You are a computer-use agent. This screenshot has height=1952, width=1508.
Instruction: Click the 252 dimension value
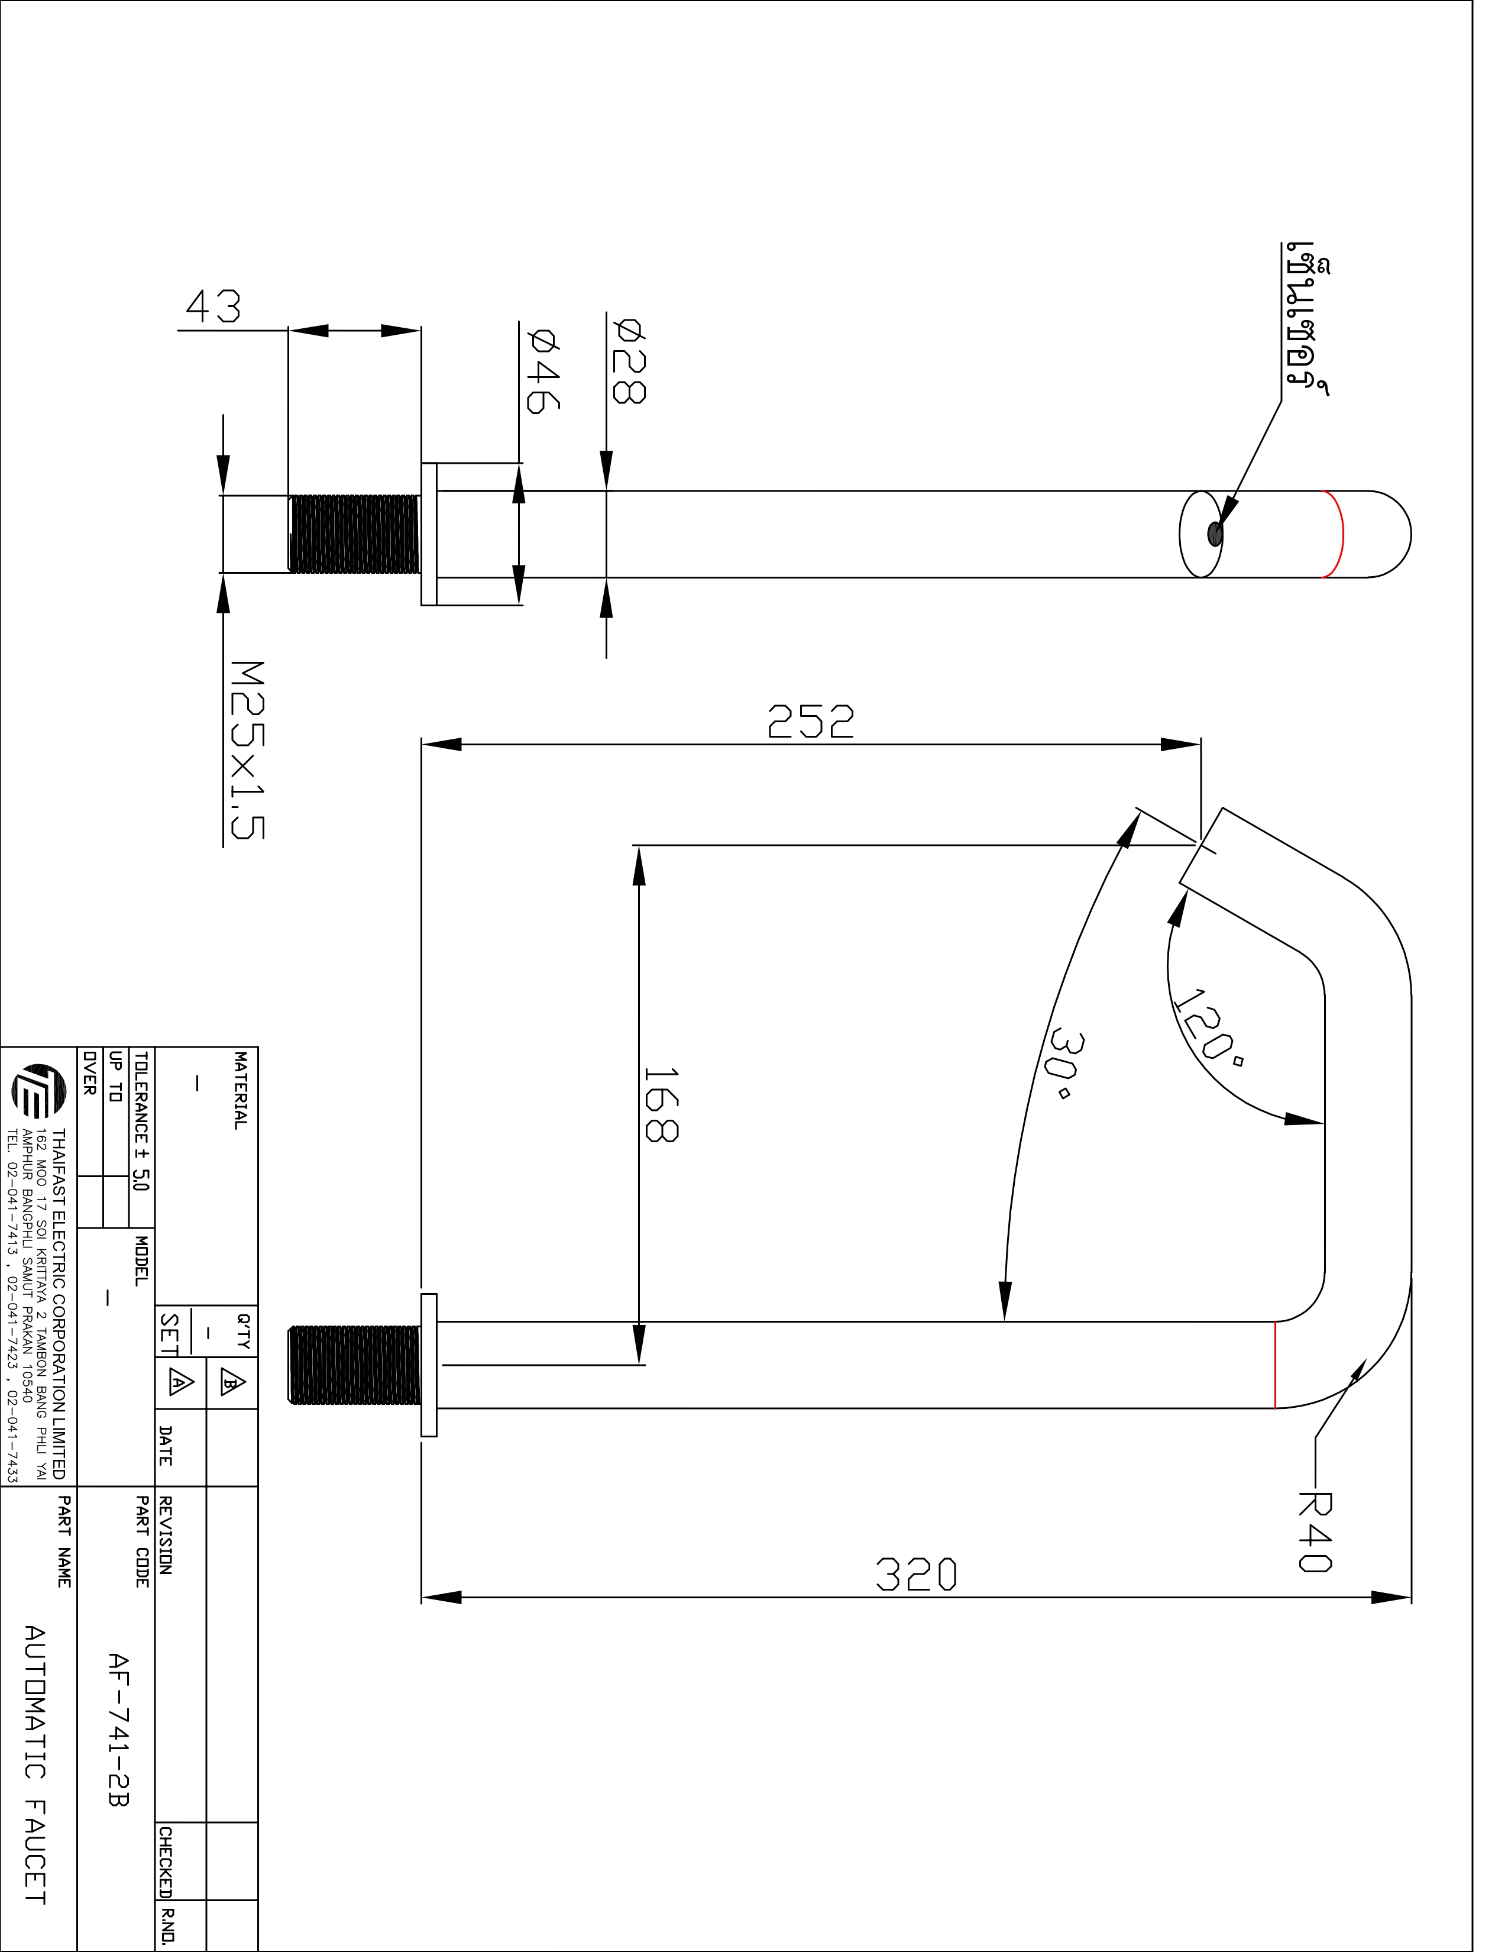(x=810, y=721)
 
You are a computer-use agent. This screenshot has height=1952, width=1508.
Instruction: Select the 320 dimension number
(x=915, y=1574)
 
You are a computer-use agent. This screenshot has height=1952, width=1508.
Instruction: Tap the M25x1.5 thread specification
(x=247, y=750)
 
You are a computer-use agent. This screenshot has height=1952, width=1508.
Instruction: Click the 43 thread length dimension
(x=213, y=306)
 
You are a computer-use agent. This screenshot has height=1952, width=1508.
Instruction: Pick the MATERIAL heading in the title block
(x=240, y=1090)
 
